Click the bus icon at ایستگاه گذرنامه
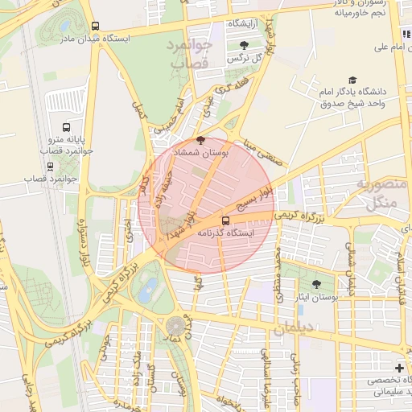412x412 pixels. coord(225,220)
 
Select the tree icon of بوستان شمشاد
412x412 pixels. coord(200,139)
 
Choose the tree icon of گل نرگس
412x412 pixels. coord(244,45)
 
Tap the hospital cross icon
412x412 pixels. coord(400,368)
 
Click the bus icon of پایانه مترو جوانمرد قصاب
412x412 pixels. coord(66,127)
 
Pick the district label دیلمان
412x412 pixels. coord(299,328)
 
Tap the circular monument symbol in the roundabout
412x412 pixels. coord(175,326)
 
